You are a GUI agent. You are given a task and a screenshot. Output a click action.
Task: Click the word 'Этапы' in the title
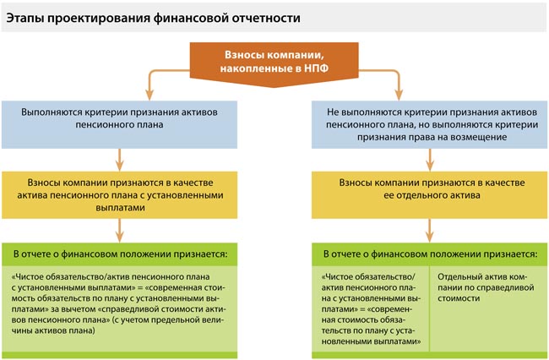[x=28, y=17]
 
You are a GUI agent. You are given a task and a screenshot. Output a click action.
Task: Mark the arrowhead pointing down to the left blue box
[x=149, y=93]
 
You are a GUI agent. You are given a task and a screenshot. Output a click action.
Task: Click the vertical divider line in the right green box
[x=430, y=308]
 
